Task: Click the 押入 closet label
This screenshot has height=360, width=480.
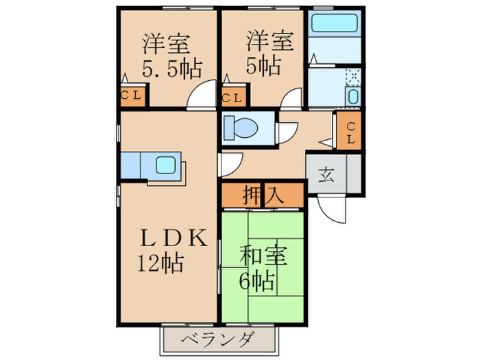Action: [262, 195]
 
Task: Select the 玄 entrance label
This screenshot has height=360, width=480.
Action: [325, 173]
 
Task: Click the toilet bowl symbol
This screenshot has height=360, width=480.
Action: [243, 128]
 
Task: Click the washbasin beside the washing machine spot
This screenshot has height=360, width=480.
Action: [353, 96]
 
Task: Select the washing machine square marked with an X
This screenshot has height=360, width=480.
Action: [353, 76]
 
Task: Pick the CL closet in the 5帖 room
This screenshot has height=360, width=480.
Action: [232, 97]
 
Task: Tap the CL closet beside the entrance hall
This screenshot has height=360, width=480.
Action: [350, 132]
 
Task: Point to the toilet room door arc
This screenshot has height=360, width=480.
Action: [287, 130]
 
